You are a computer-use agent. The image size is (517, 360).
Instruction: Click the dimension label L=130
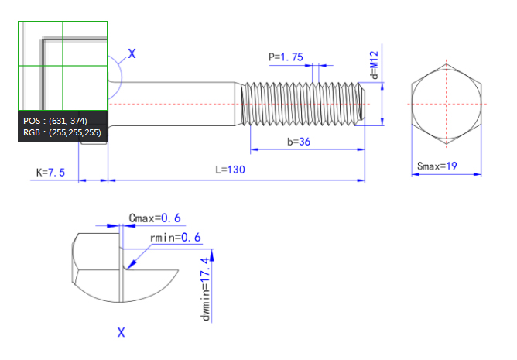coord(231,170)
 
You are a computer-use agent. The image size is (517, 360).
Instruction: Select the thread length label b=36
coord(299,142)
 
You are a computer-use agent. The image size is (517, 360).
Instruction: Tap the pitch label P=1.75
coord(286,57)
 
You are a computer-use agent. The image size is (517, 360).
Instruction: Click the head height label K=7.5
coord(50,171)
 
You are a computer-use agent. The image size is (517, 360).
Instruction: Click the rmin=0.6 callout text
coord(175,237)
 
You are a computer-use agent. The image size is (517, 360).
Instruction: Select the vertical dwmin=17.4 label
coord(207,287)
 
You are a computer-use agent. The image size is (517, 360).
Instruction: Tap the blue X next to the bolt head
coord(132,53)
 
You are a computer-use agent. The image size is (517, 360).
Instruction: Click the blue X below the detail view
coord(122,332)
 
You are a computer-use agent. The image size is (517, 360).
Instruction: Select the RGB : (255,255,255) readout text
coord(61,132)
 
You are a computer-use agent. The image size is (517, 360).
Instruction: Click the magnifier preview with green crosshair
coord(63,65)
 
